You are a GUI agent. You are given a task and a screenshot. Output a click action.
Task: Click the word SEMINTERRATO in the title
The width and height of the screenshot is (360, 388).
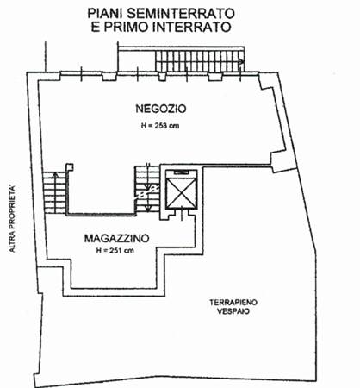[x=181, y=14]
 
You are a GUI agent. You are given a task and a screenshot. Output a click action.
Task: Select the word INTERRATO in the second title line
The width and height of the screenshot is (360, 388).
[x=192, y=27]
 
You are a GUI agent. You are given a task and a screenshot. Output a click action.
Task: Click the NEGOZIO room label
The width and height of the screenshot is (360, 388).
[x=161, y=109]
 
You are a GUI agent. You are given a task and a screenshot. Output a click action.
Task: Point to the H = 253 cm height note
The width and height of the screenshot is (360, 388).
[x=160, y=126]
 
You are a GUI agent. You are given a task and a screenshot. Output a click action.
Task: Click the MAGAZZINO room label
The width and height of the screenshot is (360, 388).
[x=117, y=239]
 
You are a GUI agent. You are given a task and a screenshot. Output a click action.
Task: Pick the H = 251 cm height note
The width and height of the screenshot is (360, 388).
[x=115, y=251]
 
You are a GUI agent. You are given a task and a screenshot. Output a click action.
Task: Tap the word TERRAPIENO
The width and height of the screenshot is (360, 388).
[x=233, y=303]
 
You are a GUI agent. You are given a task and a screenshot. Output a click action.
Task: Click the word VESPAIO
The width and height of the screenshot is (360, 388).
[x=233, y=311]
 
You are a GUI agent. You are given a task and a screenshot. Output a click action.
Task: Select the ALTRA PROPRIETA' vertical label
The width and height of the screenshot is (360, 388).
[x=12, y=219]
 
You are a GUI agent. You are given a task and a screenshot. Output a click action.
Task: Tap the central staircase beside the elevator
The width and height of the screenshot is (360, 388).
[x=147, y=189]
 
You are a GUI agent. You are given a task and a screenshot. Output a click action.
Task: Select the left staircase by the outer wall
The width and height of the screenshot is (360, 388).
[x=55, y=192]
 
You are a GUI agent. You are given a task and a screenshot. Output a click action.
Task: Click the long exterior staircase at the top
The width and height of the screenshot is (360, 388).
[x=200, y=61]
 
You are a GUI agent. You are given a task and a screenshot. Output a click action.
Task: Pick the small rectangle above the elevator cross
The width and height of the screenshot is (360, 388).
[x=182, y=172]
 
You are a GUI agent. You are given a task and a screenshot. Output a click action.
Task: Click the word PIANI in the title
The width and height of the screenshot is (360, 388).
[x=105, y=14]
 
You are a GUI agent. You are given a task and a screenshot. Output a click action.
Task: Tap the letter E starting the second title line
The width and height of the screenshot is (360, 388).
[x=96, y=27]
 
